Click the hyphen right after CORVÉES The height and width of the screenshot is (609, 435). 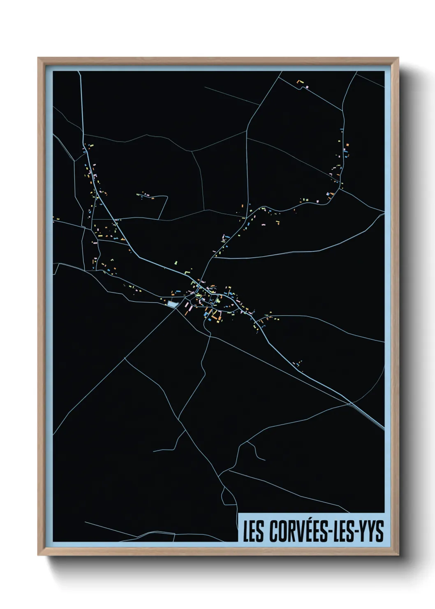328,532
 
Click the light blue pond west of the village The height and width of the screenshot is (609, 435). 172,304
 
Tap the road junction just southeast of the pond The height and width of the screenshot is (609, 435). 177,309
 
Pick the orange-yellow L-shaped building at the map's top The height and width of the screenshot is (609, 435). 300,82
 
